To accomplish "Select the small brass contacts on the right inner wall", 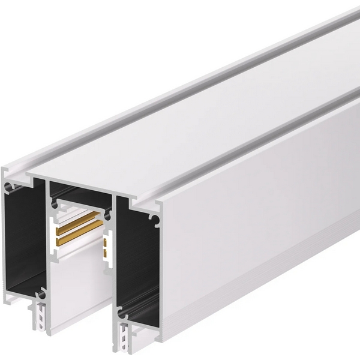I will point(106,244).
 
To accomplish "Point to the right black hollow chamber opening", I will point(141,258).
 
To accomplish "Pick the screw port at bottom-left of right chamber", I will point(122,313).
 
